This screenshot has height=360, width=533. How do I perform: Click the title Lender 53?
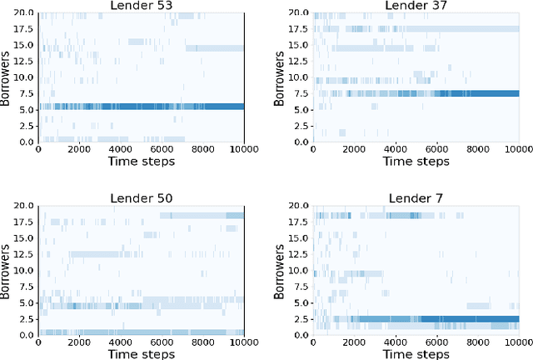141,7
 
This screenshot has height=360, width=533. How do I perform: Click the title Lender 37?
415,7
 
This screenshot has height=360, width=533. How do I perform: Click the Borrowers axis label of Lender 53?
7,77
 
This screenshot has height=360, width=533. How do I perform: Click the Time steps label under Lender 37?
415,164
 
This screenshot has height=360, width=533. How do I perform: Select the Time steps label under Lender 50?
141,353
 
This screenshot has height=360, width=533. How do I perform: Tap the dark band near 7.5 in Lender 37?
466,93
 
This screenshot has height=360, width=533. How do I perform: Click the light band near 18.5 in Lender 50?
200,215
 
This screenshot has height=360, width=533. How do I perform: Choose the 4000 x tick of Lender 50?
121,342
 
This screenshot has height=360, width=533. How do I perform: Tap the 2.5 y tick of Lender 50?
27,318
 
